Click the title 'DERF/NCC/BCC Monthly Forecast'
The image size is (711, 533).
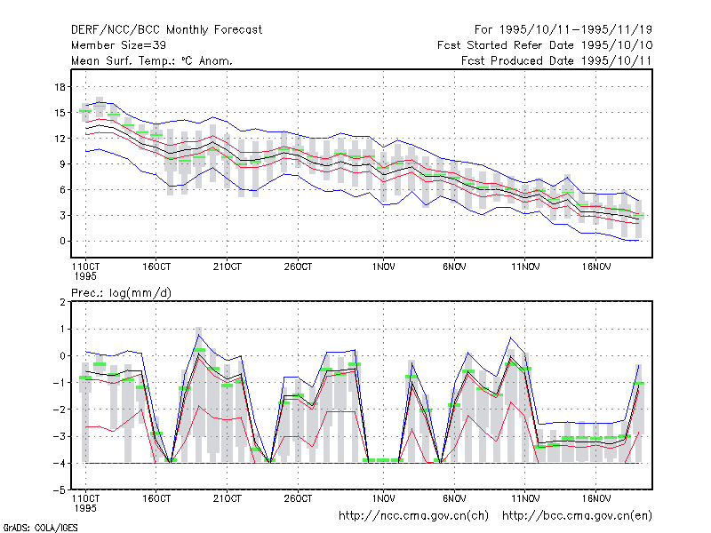(166, 30)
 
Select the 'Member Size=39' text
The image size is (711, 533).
(118, 45)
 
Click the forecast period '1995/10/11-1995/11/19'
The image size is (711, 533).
(576, 30)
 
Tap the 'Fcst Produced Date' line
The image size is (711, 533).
(557, 60)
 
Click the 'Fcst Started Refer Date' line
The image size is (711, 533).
(545, 45)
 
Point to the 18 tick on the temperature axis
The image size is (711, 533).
(60, 86)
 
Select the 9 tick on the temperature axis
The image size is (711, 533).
(62, 164)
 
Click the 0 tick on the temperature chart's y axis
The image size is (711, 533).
(62, 241)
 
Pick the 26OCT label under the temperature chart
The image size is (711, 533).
(298, 267)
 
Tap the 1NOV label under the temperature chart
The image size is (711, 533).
(384, 267)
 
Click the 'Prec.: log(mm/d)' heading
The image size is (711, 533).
(121, 293)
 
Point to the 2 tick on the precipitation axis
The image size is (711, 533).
(62, 302)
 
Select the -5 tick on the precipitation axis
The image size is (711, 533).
(60, 490)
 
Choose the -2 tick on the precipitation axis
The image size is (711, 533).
(60, 410)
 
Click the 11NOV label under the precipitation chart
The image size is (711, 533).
(525, 498)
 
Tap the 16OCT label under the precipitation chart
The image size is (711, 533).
(156, 498)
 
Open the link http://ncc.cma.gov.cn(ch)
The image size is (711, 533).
(414, 516)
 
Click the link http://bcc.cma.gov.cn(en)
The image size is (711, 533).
(577, 516)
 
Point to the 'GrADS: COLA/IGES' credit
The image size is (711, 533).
(40, 528)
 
